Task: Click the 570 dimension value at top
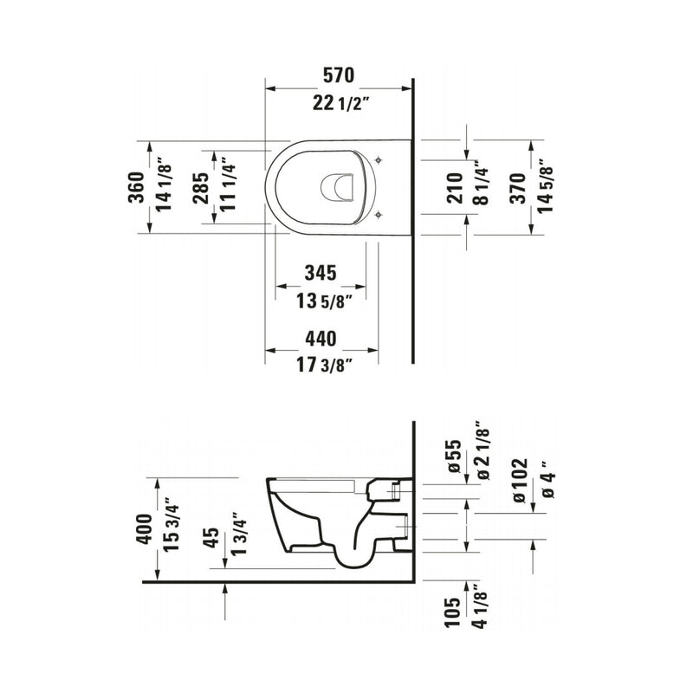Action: click(x=339, y=75)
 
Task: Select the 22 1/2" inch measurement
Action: click(x=340, y=104)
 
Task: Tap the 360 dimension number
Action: click(x=137, y=187)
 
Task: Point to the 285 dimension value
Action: click(x=201, y=188)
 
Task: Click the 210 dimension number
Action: click(x=455, y=188)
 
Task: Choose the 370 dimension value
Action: click(x=518, y=188)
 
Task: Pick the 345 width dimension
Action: click(x=321, y=273)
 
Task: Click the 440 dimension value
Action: click(x=321, y=339)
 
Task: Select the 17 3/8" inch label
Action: click(x=324, y=365)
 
